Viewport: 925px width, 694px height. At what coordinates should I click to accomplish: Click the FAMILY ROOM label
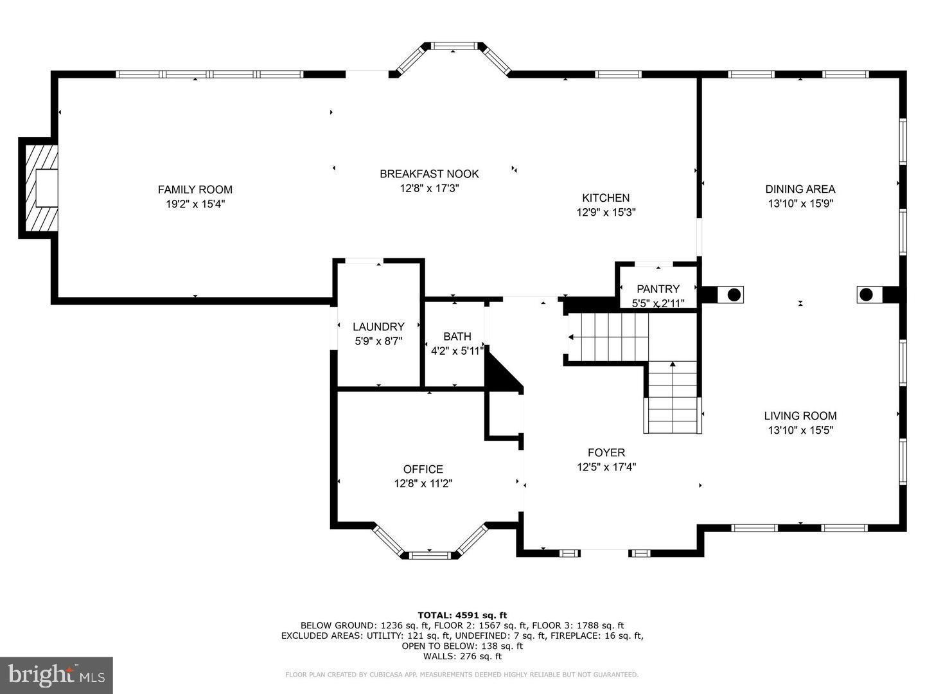(x=195, y=190)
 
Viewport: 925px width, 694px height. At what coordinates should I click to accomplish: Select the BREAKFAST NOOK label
(x=429, y=173)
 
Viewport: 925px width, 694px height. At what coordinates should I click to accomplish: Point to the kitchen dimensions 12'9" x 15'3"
(x=606, y=212)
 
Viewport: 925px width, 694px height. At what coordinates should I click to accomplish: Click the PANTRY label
(x=658, y=289)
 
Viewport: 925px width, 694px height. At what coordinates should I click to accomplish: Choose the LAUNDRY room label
(x=378, y=326)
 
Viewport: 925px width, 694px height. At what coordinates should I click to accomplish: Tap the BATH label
(x=457, y=336)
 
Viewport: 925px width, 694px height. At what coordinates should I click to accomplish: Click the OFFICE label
(x=423, y=469)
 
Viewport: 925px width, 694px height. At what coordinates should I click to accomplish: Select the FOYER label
(x=606, y=452)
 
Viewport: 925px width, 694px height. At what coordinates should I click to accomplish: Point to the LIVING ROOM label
(x=800, y=416)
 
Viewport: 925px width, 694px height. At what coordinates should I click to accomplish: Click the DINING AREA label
(x=800, y=189)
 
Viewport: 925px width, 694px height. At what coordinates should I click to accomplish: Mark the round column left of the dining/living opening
(x=733, y=295)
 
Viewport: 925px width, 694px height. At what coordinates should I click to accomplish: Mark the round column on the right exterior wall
(x=866, y=295)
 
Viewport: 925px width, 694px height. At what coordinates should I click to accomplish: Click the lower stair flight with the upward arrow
(x=673, y=397)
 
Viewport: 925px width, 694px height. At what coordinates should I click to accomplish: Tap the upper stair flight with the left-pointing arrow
(x=607, y=337)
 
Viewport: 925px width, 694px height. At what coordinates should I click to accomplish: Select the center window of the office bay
(x=430, y=554)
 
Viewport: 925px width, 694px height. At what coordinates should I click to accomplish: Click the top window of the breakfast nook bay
(x=454, y=46)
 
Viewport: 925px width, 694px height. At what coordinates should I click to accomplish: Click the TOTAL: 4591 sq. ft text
(x=462, y=615)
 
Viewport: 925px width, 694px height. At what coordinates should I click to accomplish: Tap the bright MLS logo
(x=57, y=675)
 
